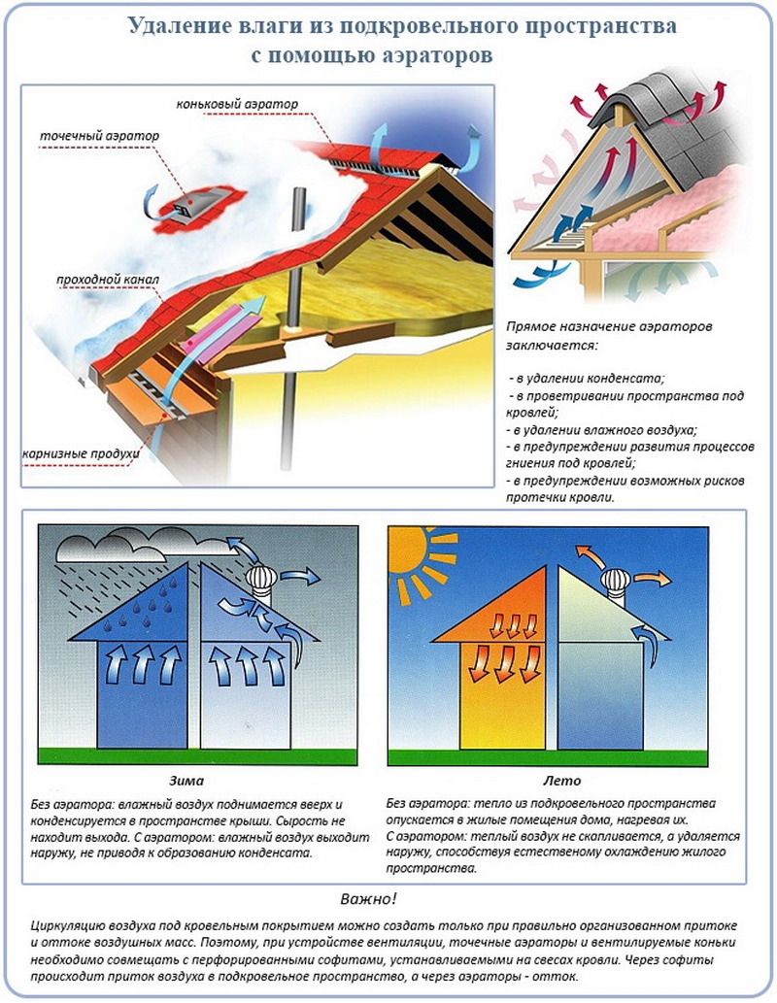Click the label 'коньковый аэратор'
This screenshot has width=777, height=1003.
(237, 104)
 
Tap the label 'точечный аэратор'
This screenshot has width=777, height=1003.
(99, 136)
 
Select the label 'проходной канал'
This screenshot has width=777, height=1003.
(108, 280)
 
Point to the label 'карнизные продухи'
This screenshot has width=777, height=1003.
(81, 453)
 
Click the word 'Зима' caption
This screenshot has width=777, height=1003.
(186, 781)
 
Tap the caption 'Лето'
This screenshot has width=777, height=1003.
(561, 781)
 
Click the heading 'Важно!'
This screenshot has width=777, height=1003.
(369, 899)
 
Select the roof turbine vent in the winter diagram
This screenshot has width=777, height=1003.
(262, 584)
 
